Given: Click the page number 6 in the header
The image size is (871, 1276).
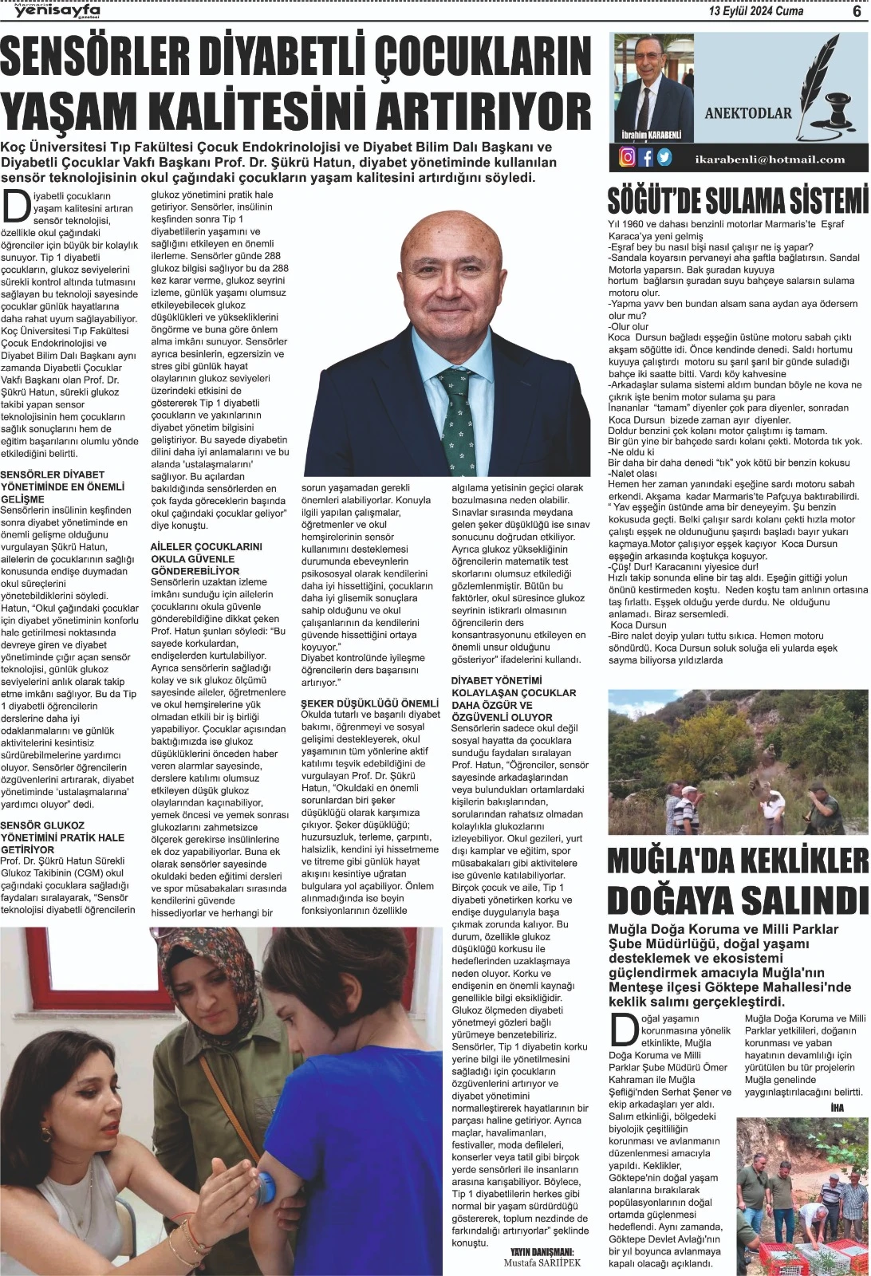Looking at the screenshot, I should coord(855,11).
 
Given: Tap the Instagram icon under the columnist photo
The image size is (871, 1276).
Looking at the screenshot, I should coord(628,157).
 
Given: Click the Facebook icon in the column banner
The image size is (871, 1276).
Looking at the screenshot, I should coord(646,157).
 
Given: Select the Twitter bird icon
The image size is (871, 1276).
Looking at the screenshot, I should coord(664,157).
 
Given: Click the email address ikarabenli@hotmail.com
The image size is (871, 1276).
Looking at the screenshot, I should coord(770,159).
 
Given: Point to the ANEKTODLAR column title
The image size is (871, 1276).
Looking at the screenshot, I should coord(747,112).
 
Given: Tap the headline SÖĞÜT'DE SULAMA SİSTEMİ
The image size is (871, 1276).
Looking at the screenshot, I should coord(737,199).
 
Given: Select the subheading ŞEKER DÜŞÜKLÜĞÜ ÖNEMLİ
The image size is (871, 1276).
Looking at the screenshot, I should coord(370,703).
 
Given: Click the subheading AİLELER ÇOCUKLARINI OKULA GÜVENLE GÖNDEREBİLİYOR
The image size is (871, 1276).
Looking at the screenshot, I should coord(206,558).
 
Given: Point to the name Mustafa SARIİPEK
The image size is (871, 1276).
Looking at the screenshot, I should coord(542,1263).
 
